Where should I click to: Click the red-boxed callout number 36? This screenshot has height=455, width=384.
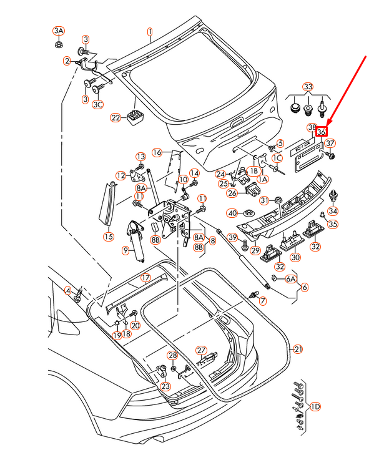[322, 132]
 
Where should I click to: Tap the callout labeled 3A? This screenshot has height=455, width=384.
[58, 31]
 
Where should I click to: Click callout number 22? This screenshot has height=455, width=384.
[116, 117]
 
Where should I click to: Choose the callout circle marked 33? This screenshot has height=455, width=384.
[308, 86]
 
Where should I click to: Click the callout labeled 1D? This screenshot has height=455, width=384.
[315, 407]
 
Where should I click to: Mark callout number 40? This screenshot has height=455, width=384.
[232, 213]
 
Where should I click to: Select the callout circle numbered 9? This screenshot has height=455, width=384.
[126, 251]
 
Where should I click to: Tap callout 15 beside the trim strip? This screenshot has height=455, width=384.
[109, 237]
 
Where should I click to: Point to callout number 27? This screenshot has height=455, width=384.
[201, 350]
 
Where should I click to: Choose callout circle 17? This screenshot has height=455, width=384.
[145, 278]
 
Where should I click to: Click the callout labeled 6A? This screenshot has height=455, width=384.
[290, 280]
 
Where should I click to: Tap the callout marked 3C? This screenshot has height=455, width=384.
[98, 105]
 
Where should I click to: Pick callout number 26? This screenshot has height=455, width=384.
[232, 193]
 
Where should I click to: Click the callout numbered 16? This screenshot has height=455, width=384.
[157, 152]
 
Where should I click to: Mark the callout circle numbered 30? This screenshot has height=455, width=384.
[295, 257]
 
